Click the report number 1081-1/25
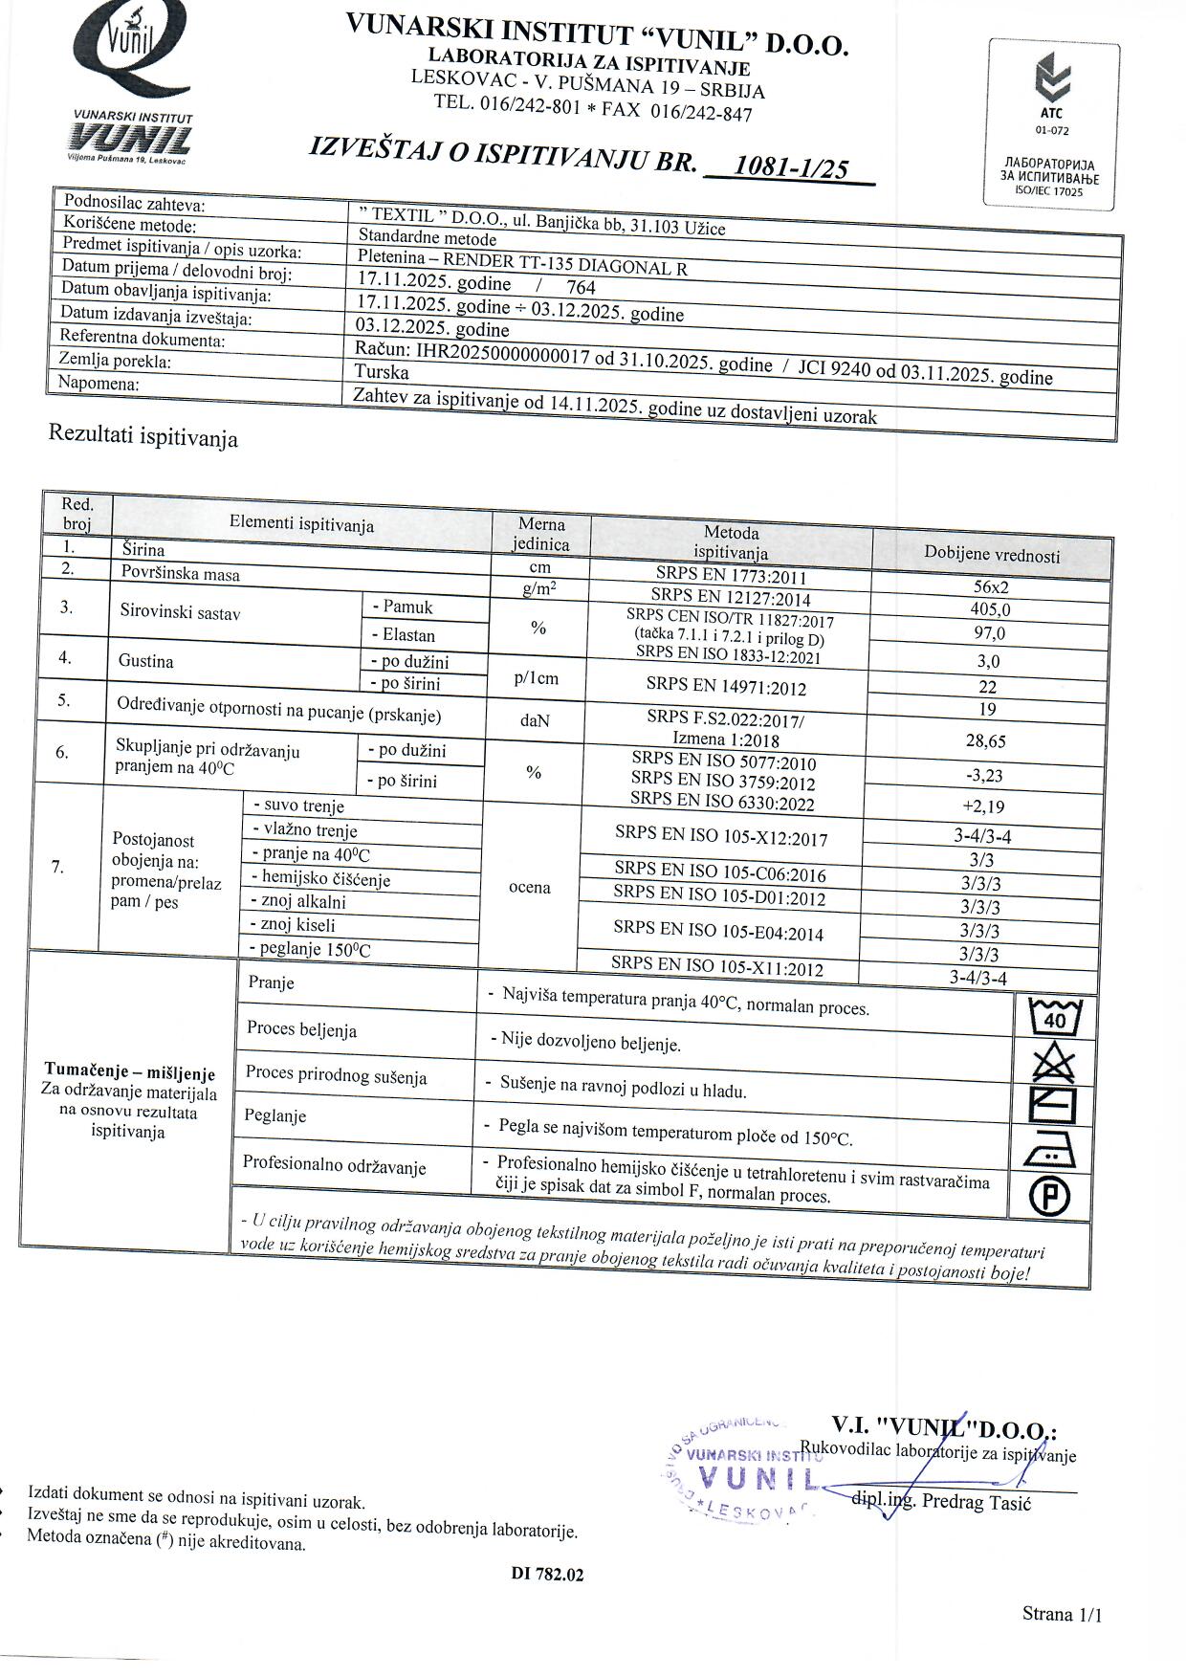[x=790, y=169]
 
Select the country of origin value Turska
[x=382, y=372]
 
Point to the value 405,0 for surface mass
[x=990, y=609]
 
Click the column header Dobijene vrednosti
[x=992, y=555]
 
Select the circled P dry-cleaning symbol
[x=1049, y=1196]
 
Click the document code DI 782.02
[x=547, y=1574]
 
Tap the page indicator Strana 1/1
[x=1062, y=1615]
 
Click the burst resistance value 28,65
[x=986, y=741]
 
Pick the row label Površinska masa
[x=180, y=574]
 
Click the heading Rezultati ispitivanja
[x=143, y=436]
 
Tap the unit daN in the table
[x=535, y=720]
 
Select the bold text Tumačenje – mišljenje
[x=130, y=1073]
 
